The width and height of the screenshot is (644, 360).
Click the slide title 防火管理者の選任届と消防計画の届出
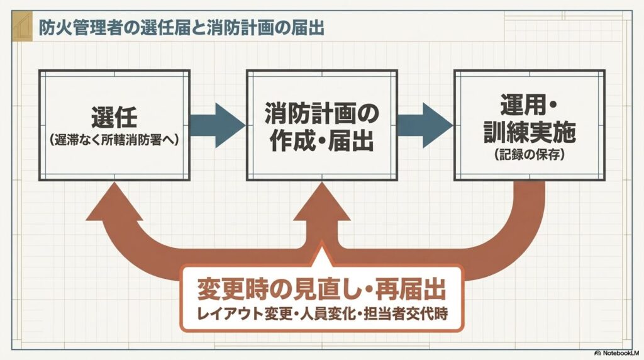click(x=181, y=28)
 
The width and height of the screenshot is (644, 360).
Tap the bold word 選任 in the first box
click(x=114, y=118)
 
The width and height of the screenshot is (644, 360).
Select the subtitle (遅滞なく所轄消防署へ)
click(x=114, y=140)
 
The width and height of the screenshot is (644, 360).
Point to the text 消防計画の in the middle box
click(x=322, y=113)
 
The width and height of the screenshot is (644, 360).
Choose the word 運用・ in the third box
click(x=528, y=105)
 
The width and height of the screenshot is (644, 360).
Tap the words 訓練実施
click(x=530, y=132)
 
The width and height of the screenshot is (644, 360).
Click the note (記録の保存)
click(x=530, y=154)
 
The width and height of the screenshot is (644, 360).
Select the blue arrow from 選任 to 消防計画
click(x=218, y=125)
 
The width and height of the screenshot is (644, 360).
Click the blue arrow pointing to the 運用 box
click(x=426, y=125)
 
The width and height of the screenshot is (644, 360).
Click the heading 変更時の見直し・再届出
click(x=321, y=290)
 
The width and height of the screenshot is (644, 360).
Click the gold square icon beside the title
click(x=22, y=26)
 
